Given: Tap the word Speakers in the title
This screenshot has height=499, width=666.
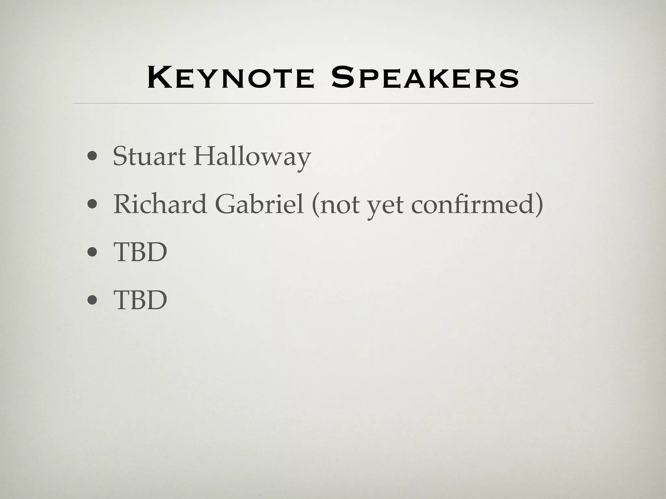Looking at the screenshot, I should point(425,78).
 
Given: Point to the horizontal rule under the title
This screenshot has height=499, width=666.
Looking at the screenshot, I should point(333,103).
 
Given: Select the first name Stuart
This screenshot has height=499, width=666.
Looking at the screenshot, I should point(149,157).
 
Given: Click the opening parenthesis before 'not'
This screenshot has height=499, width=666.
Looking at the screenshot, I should point(315,205).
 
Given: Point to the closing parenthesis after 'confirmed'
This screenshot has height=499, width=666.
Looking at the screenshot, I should point(539,205).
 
